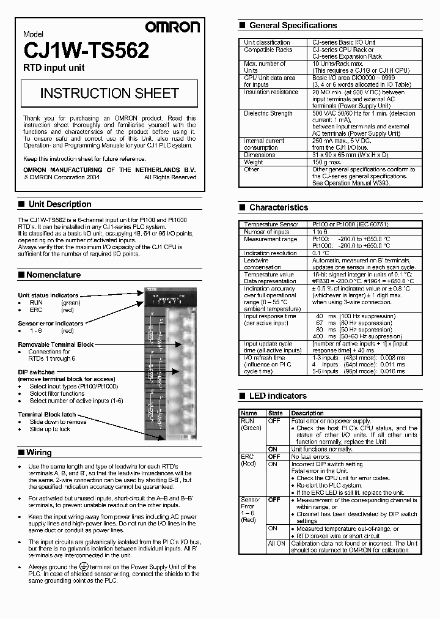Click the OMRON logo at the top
[x=172, y=27]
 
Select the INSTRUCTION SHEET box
[x=109, y=93]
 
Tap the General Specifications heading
[x=293, y=26]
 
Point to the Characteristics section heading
[x=278, y=207]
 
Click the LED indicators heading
[x=277, y=396]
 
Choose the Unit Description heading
[x=60, y=204]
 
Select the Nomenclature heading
[x=53, y=275]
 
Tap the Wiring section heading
[x=39, y=453]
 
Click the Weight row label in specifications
[x=254, y=162]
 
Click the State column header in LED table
[x=276, y=413]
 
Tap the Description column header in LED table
[x=307, y=413]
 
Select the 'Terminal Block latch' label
[x=47, y=415]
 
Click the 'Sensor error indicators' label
[x=50, y=324]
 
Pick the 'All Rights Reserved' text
[x=170, y=177]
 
